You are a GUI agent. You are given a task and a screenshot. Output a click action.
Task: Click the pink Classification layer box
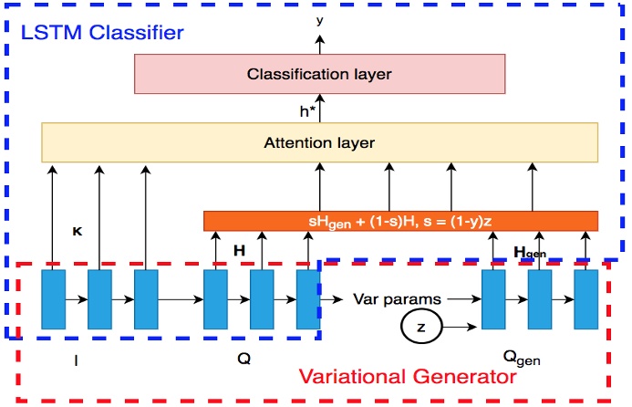click(319, 73)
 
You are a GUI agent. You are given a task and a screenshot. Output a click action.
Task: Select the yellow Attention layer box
click(319, 142)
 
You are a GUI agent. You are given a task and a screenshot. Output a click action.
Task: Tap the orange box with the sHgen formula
click(399, 221)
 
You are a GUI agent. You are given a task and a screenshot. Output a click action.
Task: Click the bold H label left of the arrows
click(240, 248)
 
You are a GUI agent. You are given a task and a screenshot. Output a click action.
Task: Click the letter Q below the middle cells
click(243, 359)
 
